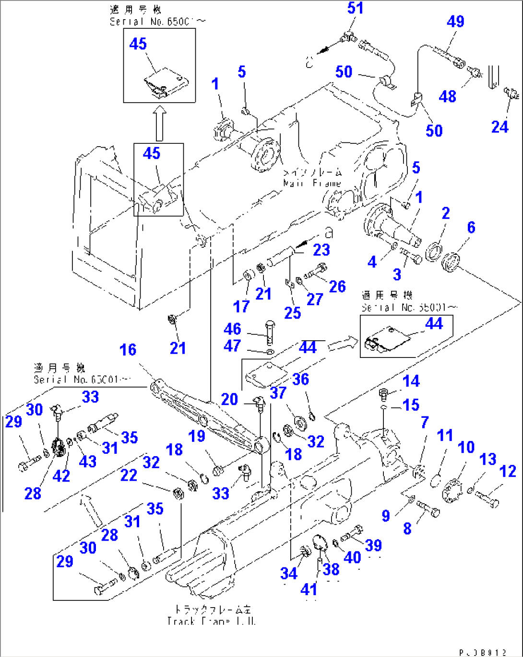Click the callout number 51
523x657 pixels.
[355, 8]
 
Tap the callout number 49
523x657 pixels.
[455, 22]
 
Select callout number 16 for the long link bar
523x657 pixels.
[128, 350]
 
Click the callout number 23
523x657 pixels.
[321, 250]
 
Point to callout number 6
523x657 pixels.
[471, 227]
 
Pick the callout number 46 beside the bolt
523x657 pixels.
[232, 329]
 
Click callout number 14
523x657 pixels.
[411, 381]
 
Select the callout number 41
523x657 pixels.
[309, 589]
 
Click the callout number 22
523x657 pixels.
[129, 475]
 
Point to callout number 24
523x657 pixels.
[499, 127]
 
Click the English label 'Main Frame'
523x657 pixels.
[312, 183]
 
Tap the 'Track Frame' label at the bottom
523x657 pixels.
[211, 621]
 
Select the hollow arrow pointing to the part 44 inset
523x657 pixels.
[343, 343]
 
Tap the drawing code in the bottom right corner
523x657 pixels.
[483, 653]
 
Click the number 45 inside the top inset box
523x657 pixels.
[138, 44]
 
